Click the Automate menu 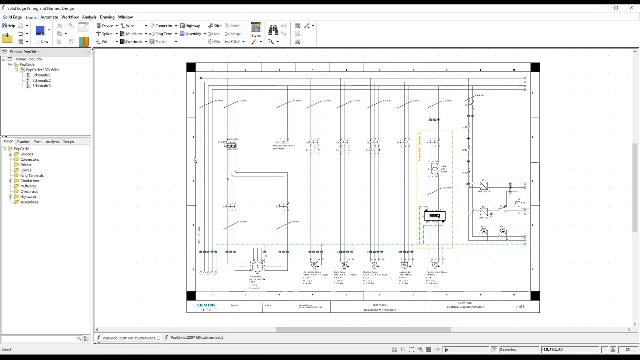[49, 17]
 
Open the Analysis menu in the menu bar [89, 17]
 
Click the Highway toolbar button [190, 26]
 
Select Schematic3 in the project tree [41, 86]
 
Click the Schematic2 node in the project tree [41, 80]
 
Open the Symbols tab [23, 142]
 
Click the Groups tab [68, 142]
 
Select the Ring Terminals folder [32, 175]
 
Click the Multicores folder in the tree [28, 186]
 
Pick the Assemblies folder [29, 202]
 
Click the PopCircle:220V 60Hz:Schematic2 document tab [197, 338]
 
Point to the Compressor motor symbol [257, 267]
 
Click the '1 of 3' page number [520, 306]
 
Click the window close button [631, 8]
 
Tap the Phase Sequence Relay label [283, 147]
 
